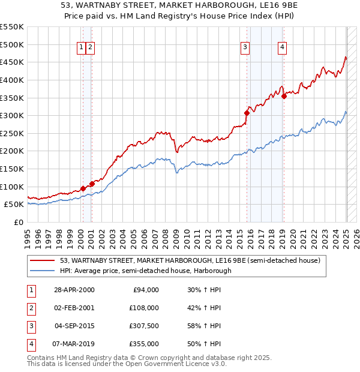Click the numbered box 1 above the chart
point(81,49)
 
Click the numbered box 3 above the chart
point(245,49)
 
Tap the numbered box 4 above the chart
point(282,49)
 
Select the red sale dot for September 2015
point(247,113)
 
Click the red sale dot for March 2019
point(284,96)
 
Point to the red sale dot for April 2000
point(82,188)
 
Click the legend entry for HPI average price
point(145,271)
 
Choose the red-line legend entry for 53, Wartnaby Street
point(191,260)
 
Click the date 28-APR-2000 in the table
point(74,290)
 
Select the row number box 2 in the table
point(29,308)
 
